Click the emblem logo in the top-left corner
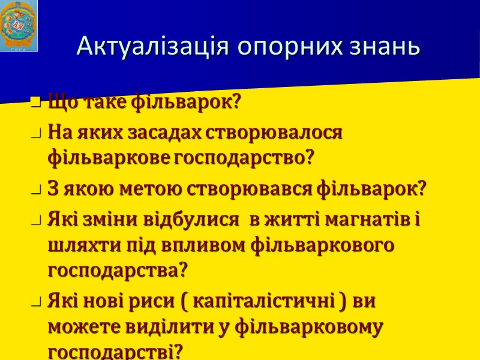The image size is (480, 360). pos(19,26)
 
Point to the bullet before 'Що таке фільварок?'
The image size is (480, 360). pos(36,103)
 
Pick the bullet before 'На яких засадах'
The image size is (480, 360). pos(36,133)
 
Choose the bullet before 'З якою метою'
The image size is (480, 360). pos(36,191)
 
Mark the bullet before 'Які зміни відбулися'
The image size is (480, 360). pos(36,221)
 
